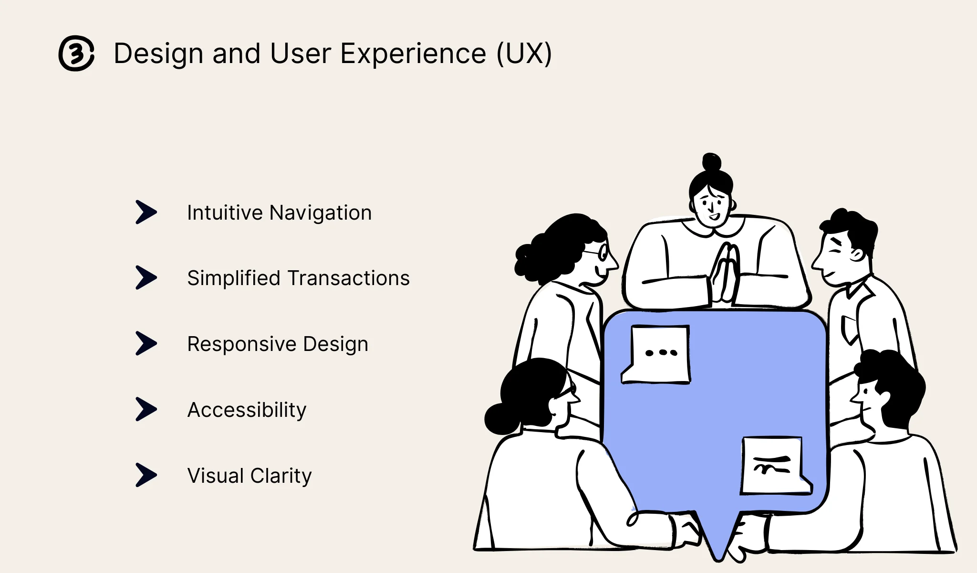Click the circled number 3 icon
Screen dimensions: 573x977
point(76,53)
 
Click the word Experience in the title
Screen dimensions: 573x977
point(413,53)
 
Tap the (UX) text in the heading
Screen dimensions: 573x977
point(524,53)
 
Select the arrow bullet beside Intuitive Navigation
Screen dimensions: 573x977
point(146,212)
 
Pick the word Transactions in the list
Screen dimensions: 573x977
point(349,278)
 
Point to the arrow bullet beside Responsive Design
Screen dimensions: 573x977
point(146,343)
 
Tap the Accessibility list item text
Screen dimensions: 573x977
point(247,410)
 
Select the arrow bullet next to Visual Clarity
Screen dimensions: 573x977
point(146,475)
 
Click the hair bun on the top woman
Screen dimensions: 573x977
point(712,162)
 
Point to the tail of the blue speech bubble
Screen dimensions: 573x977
point(718,540)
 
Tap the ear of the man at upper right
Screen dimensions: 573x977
point(856,254)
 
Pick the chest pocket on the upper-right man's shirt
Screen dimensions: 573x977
point(848,329)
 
